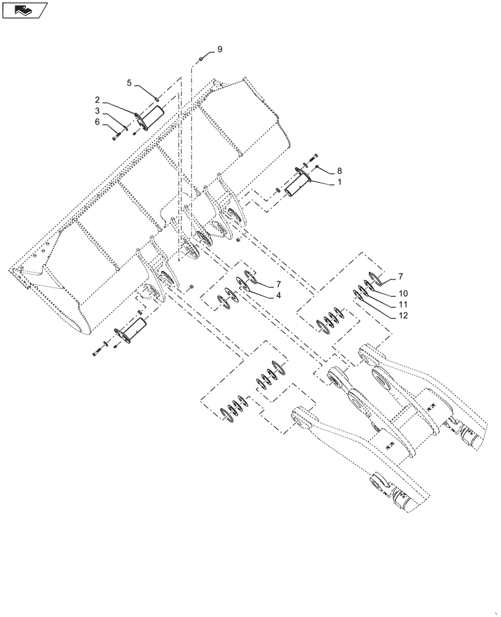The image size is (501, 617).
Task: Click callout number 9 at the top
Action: click(x=219, y=49)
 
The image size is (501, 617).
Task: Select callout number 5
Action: click(x=130, y=83)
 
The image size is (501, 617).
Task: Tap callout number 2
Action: click(x=97, y=110)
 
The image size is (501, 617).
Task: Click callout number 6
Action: click(x=97, y=122)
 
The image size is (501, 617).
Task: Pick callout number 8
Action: click(x=339, y=170)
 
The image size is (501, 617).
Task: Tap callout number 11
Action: click(x=403, y=304)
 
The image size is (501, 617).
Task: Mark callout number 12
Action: click(x=403, y=315)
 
